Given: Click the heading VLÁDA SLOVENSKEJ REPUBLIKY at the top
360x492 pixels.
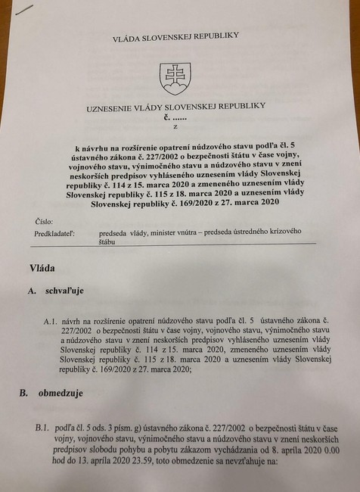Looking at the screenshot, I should point(175,36).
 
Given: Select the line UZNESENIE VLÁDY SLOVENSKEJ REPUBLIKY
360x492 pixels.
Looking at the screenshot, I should point(176,106).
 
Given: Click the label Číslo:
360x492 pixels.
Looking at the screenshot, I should point(44,222).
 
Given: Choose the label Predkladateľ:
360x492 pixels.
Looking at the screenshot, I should point(57,234).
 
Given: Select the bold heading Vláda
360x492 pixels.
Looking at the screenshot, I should point(42,268).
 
